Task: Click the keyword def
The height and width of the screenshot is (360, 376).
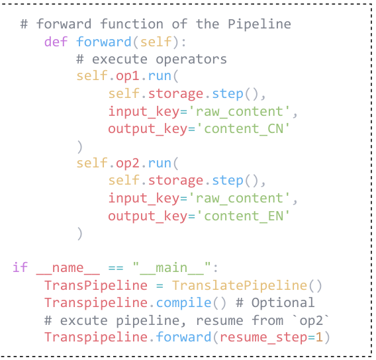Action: (x=56, y=42)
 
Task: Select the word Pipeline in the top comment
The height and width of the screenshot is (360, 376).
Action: (x=259, y=24)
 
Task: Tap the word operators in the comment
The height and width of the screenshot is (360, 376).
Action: (x=191, y=60)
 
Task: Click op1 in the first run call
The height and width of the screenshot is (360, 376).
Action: (x=128, y=77)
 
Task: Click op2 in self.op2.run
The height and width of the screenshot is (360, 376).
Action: (x=128, y=163)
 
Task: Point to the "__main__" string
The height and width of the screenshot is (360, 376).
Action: (x=171, y=267)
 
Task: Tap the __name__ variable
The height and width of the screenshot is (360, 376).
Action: (x=68, y=268)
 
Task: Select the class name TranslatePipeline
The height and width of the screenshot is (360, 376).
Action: (x=240, y=285)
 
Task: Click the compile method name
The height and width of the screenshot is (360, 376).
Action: (x=183, y=302)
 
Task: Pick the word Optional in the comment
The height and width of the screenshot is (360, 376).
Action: (x=283, y=302)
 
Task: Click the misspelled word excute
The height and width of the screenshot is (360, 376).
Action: (x=84, y=320)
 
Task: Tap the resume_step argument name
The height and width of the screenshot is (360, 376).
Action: (x=263, y=337)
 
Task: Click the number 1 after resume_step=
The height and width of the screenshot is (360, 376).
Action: (x=319, y=337)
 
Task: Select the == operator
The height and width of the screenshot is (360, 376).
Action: (x=116, y=268)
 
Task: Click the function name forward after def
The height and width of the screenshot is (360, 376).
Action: (x=104, y=42)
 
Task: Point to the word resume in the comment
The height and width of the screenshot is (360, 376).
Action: (x=220, y=321)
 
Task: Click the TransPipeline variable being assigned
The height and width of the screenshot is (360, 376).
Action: (x=96, y=285)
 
